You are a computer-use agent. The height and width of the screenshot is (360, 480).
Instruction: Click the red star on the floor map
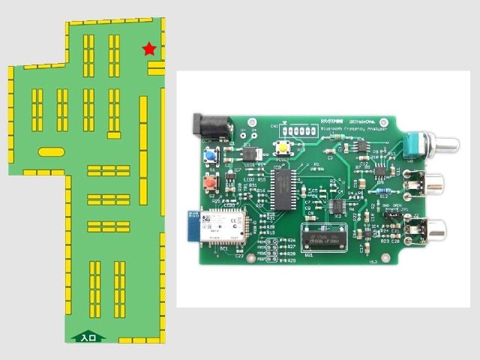coord(149,49)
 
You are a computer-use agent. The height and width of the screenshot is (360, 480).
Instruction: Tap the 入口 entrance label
coord(88,338)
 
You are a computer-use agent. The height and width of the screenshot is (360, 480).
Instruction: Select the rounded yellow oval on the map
coord(52,151)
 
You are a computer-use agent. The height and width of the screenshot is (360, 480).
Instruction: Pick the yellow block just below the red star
coord(156,68)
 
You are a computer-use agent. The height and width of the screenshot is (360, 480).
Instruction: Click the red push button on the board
coord(211,182)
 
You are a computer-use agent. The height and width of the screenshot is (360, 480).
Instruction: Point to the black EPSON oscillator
coord(324,238)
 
